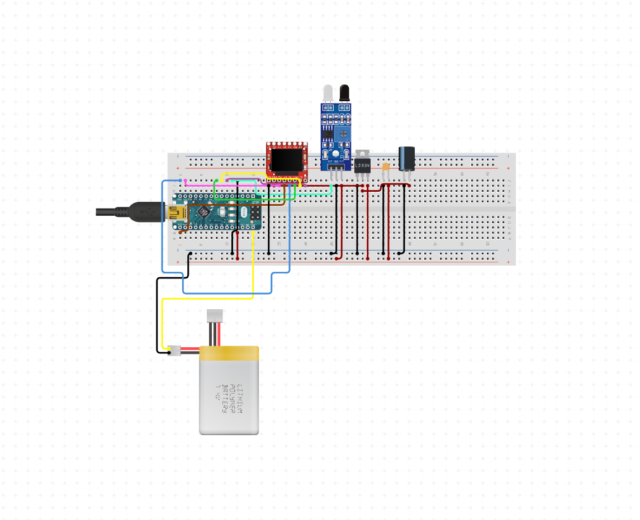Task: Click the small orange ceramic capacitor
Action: [385, 167]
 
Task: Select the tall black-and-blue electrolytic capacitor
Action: [406, 158]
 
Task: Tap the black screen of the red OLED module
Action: [287, 160]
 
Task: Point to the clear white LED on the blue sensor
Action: [328, 92]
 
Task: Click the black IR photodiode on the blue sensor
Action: [344, 92]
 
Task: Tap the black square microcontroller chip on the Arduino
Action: [205, 212]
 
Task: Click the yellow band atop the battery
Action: [229, 353]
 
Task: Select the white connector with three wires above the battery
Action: [215, 315]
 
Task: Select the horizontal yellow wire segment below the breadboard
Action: [207, 299]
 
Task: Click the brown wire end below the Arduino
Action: [181, 231]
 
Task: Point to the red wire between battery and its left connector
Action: [191, 349]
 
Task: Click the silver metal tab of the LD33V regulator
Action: [363, 153]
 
